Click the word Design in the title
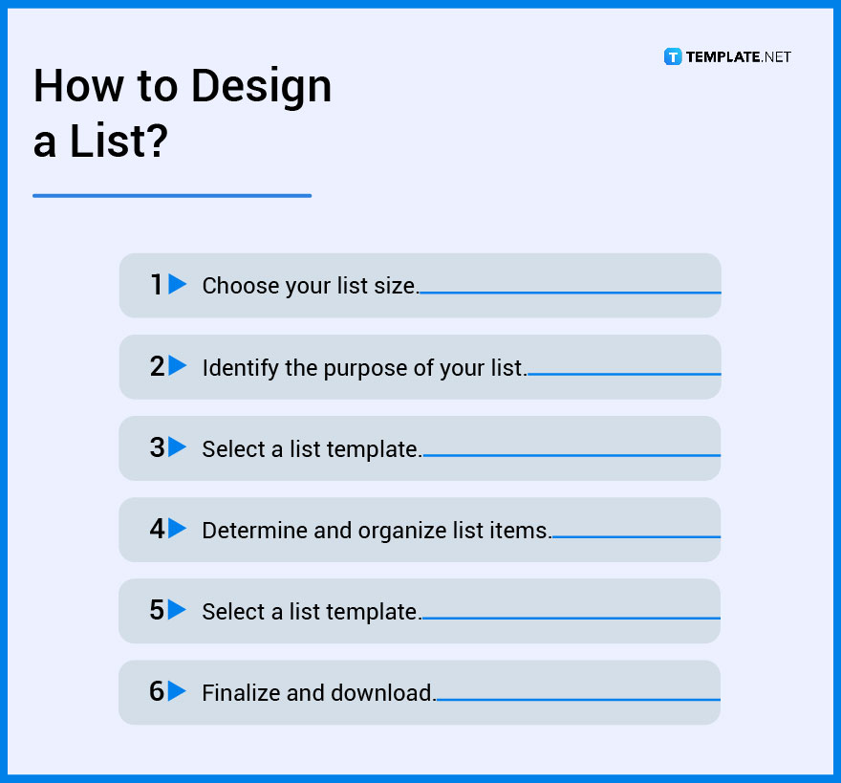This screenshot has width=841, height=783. (x=260, y=87)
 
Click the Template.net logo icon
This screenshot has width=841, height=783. (x=672, y=56)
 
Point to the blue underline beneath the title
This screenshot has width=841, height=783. (x=172, y=196)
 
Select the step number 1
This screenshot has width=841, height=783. (x=157, y=285)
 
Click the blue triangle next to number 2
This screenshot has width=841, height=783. (x=178, y=365)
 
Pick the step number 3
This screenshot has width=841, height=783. (x=157, y=447)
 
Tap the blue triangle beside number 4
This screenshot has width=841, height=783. (x=178, y=528)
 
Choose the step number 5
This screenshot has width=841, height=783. (x=157, y=610)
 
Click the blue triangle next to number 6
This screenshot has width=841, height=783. (x=178, y=691)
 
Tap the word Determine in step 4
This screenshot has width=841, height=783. (x=254, y=530)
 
